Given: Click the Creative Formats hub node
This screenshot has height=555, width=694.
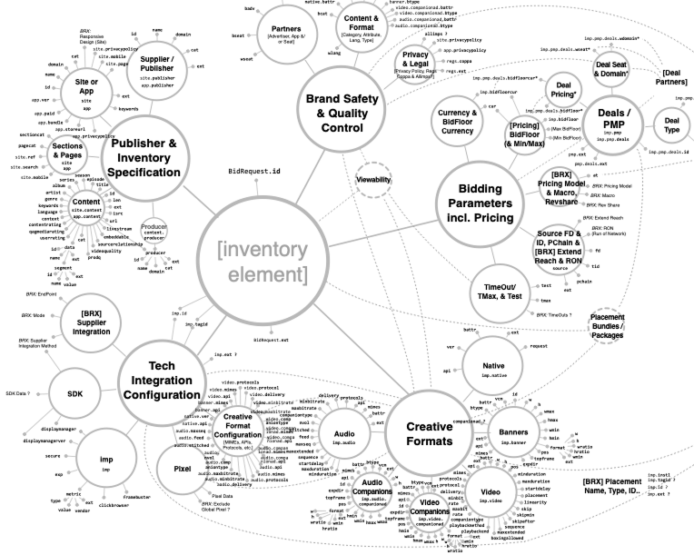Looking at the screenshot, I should [x=429, y=434].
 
